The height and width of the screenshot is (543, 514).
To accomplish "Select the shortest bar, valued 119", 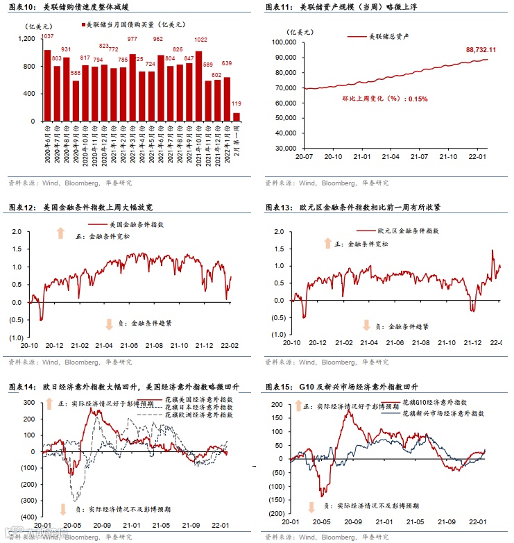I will click(236, 117).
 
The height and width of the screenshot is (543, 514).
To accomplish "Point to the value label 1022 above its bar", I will click(200, 40).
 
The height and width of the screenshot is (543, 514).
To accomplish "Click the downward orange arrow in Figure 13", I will click(366, 325).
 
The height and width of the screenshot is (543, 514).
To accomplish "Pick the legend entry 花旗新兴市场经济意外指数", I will click(443, 412).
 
